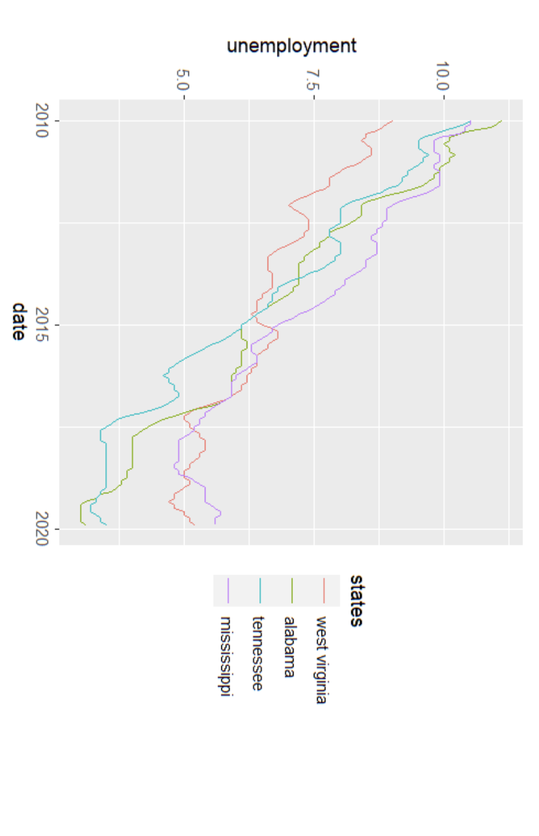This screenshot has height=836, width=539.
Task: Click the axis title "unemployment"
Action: coord(292,46)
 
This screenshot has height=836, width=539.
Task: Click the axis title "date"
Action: coord(20,322)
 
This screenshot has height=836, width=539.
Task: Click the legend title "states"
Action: coord(356,600)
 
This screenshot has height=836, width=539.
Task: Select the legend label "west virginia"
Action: coord(321,660)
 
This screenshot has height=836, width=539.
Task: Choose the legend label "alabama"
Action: coord(290,647)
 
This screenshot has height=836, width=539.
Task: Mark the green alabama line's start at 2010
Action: coord(502,120)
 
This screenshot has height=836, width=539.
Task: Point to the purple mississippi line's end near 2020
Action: coord(216,524)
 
